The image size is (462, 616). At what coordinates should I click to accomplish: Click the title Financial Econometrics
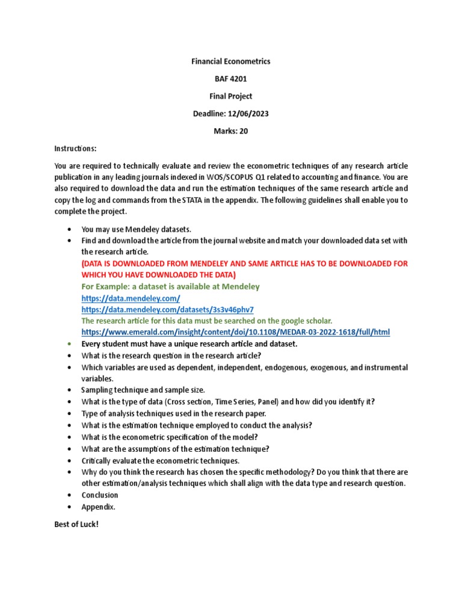(x=231, y=61)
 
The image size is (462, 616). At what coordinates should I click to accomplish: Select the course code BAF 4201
(x=231, y=79)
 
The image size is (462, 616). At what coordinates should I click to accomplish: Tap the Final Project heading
(x=231, y=96)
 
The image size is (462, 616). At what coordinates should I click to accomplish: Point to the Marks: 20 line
(x=231, y=131)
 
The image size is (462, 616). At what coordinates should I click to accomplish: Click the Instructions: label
(x=75, y=149)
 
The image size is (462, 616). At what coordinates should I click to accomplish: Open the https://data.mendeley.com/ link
(x=131, y=298)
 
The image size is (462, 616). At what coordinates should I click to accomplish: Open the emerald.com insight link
(x=235, y=332)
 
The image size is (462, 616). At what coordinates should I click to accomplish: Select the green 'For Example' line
(x=170, y=286)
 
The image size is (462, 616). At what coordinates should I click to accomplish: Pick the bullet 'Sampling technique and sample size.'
(x=143, y=390)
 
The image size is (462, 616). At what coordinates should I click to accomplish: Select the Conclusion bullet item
(x=100, y=495)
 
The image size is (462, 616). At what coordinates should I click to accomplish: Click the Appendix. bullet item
(x=98, y=507)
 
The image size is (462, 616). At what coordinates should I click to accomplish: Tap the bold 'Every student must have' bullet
(x=189, y=343)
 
